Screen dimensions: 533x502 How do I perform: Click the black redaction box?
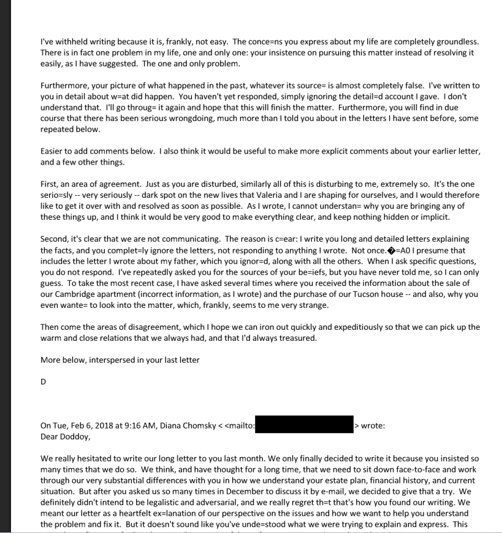click(304, 425)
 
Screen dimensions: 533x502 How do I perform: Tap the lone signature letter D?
click(44, 382)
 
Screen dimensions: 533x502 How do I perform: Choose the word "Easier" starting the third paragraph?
click(54, 151)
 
